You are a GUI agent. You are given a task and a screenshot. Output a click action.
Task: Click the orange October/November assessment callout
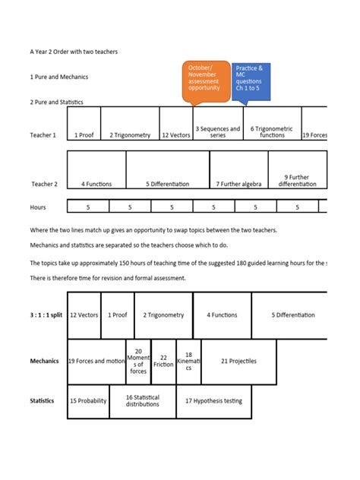click(x=205, y=81)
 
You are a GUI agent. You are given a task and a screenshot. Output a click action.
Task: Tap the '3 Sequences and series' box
click(x=218, y=132)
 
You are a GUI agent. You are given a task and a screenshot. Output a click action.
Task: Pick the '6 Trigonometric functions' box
click(x=272, y=132)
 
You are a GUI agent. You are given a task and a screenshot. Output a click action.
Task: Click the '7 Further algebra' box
click(x=238, y=184)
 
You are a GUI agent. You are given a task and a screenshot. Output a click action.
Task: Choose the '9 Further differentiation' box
click(x=297, y=181)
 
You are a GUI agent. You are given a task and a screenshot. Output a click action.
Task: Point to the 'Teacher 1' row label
click(x=43, y=135)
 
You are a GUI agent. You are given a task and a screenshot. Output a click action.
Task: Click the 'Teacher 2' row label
click(x=44, y=184)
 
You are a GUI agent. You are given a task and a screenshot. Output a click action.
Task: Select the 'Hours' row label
click(x=38, y=207)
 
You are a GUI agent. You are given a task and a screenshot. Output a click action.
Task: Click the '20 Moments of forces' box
click(x=138, y=361)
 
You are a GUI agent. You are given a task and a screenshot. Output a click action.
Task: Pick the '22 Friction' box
click(x=163, y=361)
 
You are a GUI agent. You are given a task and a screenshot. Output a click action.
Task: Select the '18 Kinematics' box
click(x=188, y=361)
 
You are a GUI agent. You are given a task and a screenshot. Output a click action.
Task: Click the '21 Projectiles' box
click(x=238, y=361)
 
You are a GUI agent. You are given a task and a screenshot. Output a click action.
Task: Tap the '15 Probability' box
click(x=88, y=401)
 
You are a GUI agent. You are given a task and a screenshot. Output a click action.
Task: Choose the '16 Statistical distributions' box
click(x=142, y=401)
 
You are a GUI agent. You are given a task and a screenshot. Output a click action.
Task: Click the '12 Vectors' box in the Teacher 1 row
click(x=175, y=135)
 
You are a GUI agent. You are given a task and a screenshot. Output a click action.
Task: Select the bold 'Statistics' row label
click(x=42, y=401)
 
